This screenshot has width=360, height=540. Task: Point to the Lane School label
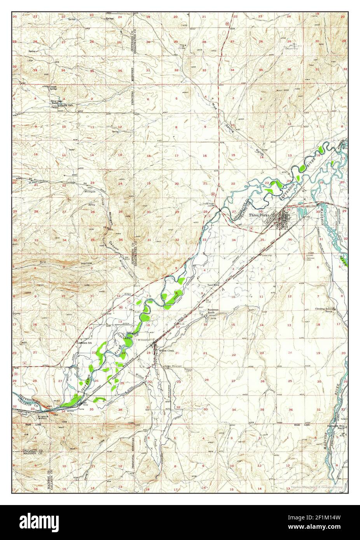[213, 285]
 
